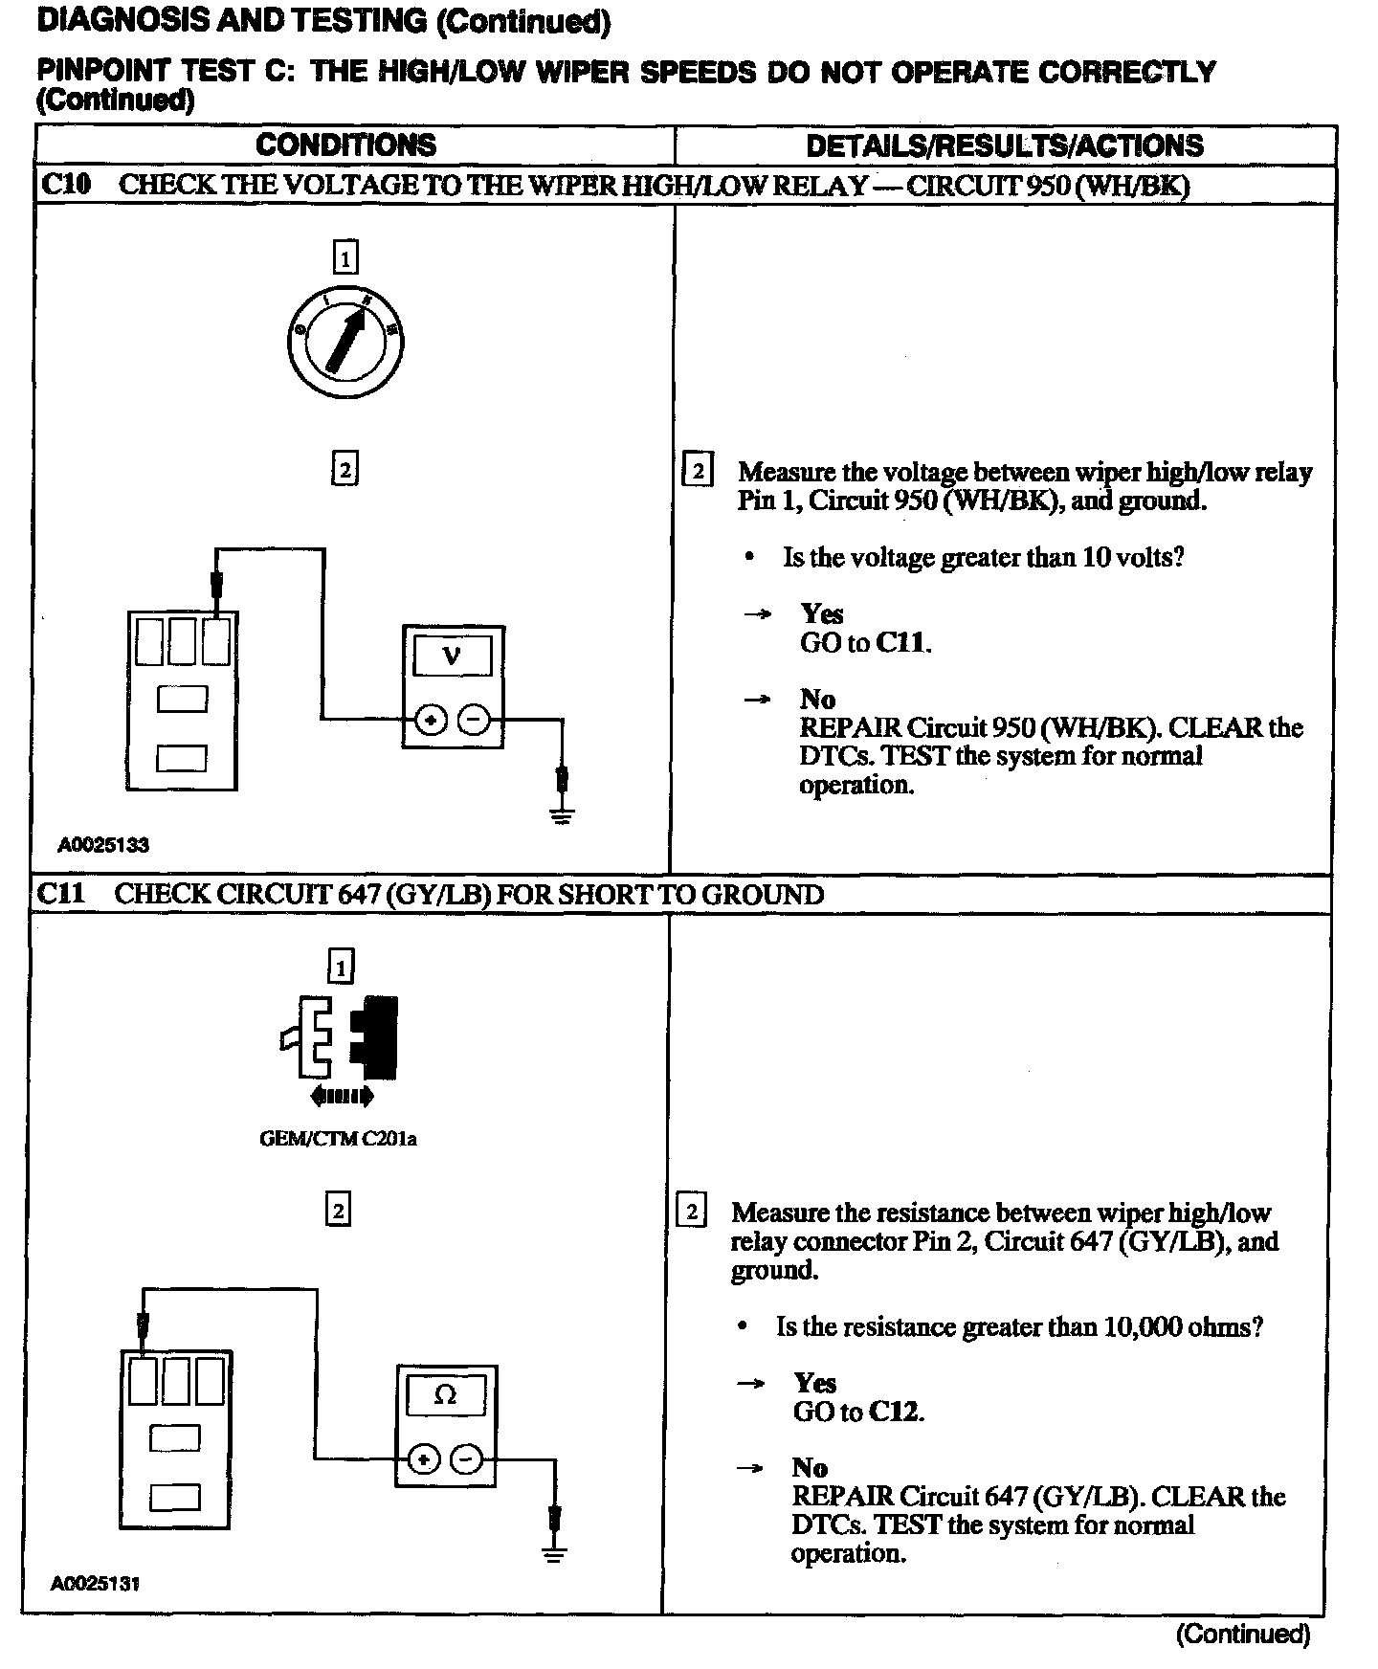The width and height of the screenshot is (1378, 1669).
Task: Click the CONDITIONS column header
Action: click(345, 145)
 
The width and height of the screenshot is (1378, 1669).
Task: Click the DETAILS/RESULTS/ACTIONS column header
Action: click(1004, 145)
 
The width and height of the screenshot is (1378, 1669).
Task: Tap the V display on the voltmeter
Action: click(452, 656)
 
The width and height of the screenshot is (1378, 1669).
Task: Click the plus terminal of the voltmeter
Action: click(431, 719)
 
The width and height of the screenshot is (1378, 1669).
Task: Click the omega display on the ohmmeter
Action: click(445, 1395)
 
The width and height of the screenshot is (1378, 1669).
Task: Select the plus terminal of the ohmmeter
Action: click(423, 1459)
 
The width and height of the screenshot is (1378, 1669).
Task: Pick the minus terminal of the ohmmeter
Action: click(466, 1459)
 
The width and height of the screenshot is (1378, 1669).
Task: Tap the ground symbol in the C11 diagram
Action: click(554, 1553)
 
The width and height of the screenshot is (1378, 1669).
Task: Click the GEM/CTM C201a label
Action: click(338, 1139)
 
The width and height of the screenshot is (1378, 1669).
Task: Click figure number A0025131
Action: click(96, 1584)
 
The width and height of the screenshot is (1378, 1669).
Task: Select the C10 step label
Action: click(65, 185)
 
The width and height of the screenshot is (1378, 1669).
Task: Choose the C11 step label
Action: click(61, 894)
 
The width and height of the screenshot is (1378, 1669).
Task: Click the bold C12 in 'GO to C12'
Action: click(895, 1412)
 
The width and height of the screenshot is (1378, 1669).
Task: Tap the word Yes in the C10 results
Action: click(822, 613)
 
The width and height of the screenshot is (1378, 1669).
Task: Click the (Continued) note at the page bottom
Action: click(1242, 1633)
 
